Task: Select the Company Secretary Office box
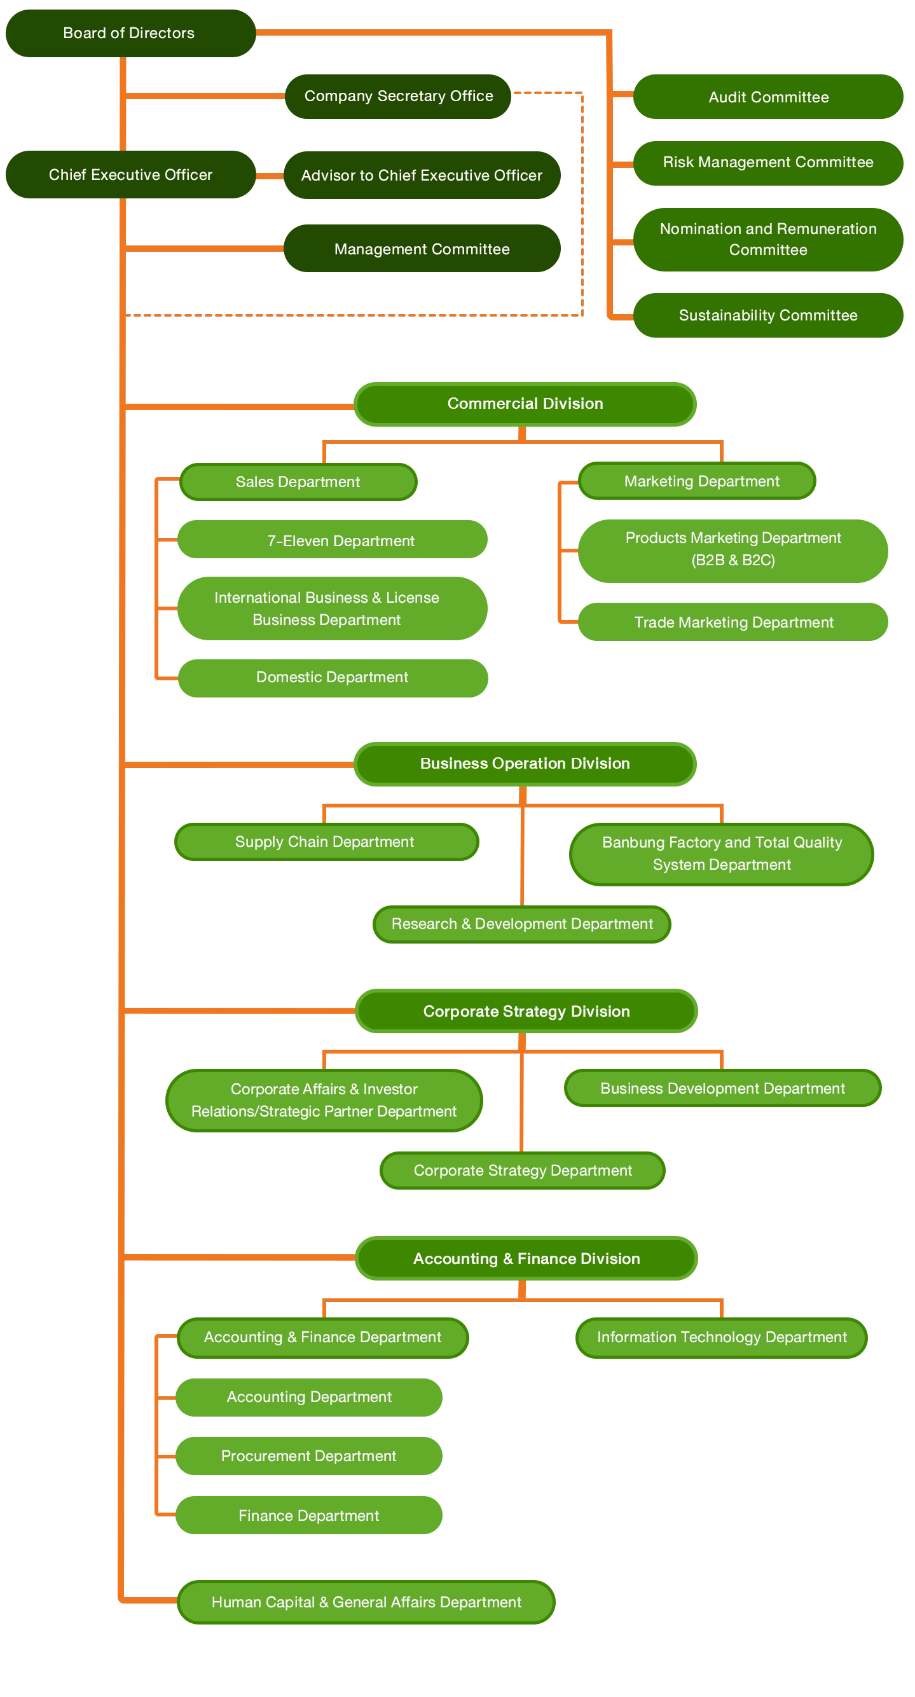pos(399,96)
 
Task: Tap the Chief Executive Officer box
pos(130,175)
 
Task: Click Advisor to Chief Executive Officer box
pos(422,175)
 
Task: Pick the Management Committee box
pos(422,249)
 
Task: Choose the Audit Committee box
pos(767,97)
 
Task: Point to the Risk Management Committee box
pos(767,162)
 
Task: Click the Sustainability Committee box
pos(767,315)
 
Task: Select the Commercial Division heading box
pos(525,403)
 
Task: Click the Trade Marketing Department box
pos(733,622)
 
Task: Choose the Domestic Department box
pos(333,677)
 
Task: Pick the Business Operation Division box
pos(525,763)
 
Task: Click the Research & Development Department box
pos(522,924)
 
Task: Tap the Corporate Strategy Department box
pos(523,1170)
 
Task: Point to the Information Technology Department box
pos(722,1336)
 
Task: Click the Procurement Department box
pos(308,1455)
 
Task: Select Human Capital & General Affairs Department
pos(366,1602)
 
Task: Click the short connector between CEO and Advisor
pos(270,176)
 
